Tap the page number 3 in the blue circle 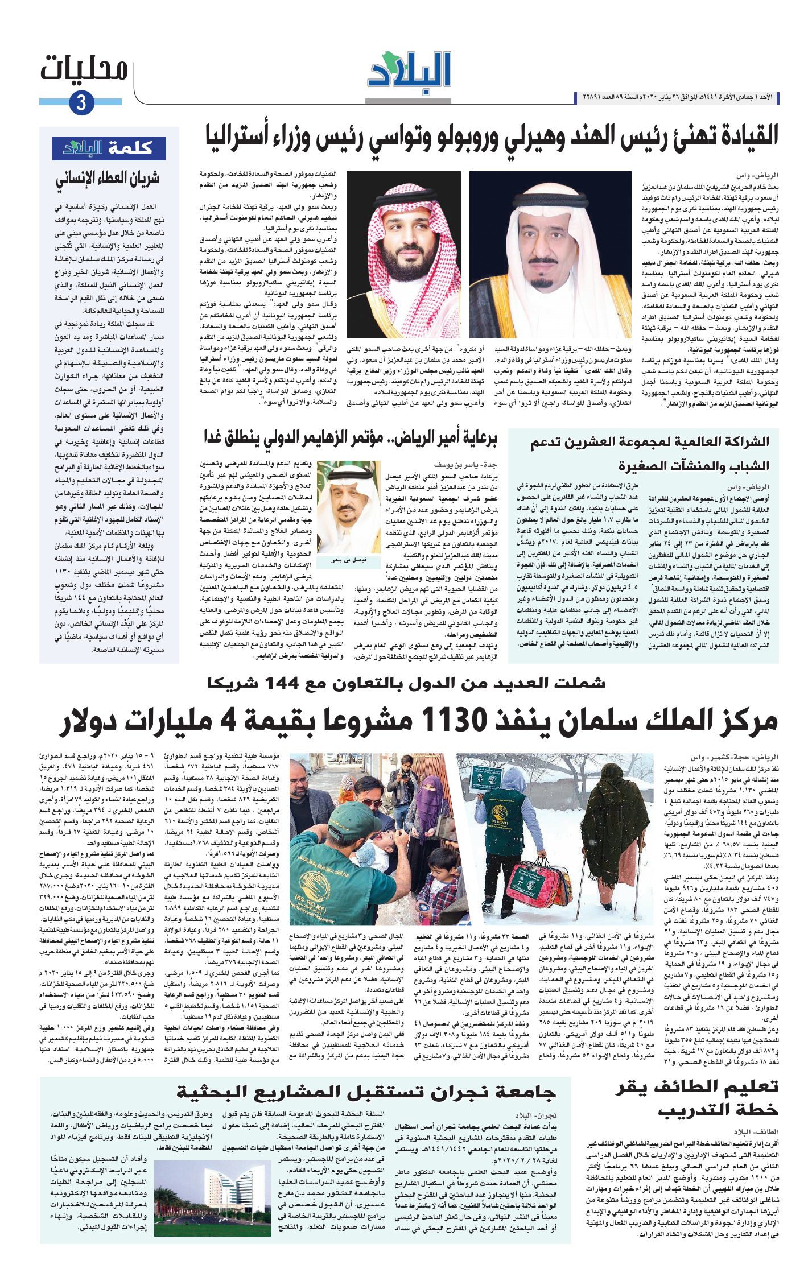pyautogui.click(x=81, y=103)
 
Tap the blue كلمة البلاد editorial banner pyautogui.click(x=109, y=148)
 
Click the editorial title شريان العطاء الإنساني pyautogui.click(x=108, y=179)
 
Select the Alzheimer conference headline pyautogui.click(x=350, y=439)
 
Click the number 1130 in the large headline pyautogui.click(x=454, y=721)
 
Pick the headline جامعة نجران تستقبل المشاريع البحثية pyautogui.click(x=365, y=1092)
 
